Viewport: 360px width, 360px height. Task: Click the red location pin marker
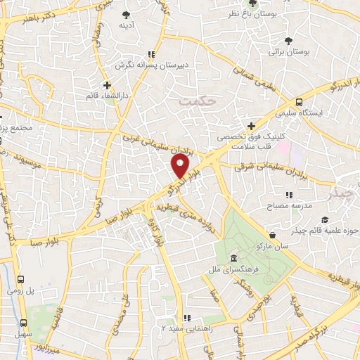(181, 166)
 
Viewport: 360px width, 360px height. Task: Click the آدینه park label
(127, 26)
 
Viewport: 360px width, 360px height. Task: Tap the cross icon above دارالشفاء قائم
(107, 85)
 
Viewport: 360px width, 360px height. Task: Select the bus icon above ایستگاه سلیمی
(300, 101)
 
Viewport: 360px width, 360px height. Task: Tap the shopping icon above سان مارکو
(272, 235)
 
